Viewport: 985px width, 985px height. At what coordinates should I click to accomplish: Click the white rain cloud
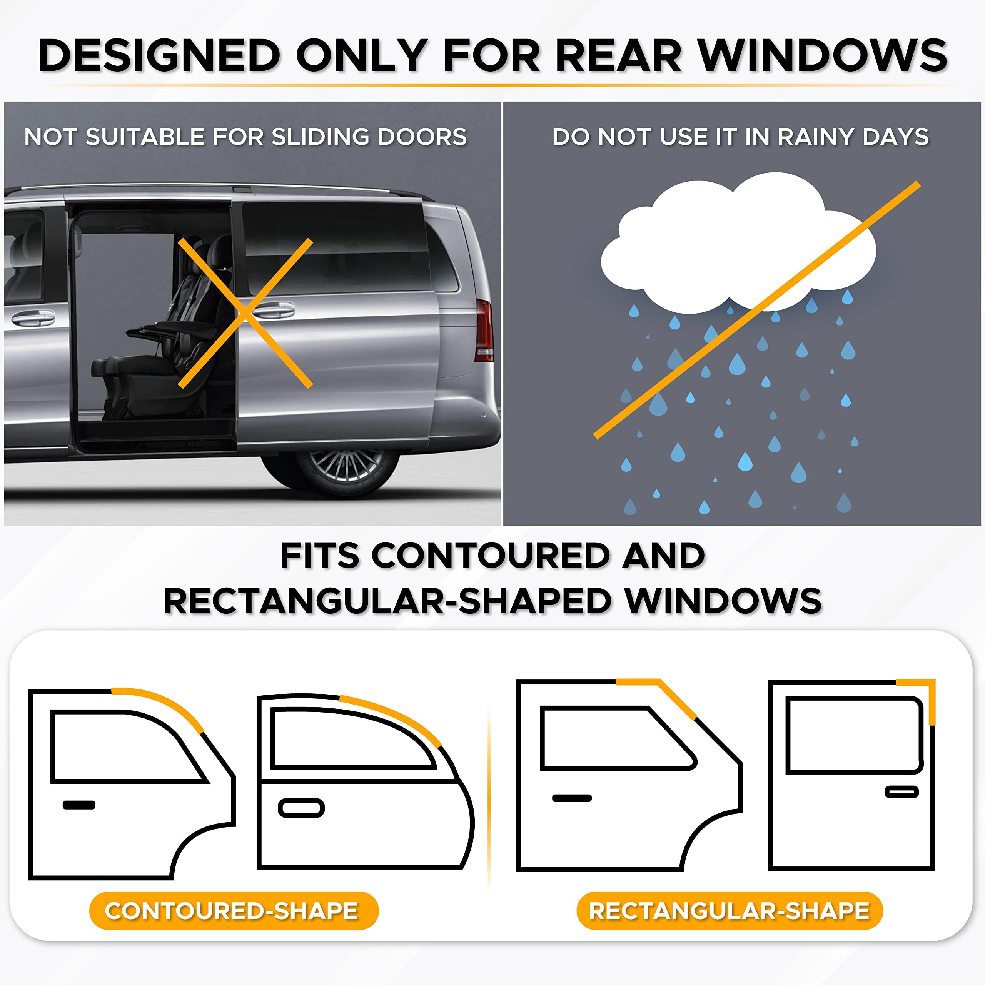734,245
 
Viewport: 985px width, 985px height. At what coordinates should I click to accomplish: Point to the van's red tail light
484,331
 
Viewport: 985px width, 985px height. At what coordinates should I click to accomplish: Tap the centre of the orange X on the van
245,312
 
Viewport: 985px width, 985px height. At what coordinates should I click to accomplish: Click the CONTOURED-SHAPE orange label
234,911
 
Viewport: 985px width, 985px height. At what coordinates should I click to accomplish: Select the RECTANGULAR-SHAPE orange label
729,911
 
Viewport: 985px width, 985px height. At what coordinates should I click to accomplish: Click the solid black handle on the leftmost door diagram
79,805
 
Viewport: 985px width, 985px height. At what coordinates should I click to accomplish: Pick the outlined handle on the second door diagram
301,808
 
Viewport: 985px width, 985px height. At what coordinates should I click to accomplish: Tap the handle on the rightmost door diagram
902,792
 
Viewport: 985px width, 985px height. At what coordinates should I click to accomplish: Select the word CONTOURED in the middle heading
491,555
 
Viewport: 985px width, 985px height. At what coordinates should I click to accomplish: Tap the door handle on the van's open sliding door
273,309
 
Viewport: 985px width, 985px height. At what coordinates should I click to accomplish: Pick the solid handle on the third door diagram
571,798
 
